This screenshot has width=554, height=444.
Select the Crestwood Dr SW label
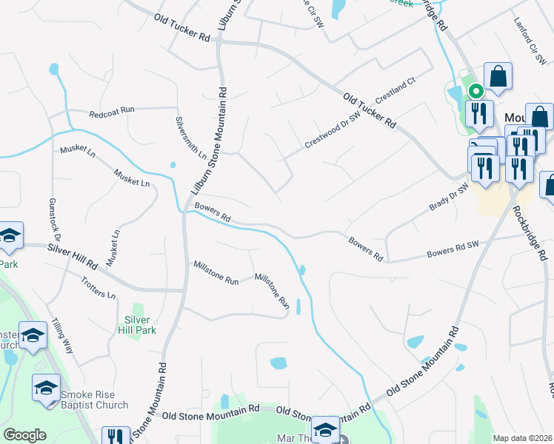(333, 131)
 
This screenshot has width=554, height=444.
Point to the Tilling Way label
(62, 334)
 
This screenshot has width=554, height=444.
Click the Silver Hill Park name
(136, 325)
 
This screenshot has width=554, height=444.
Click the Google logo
(24, 435)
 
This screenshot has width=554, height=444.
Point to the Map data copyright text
(522, 438)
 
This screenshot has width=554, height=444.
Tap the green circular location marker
(475, 91)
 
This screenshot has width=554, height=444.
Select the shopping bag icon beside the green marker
(498, 77)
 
